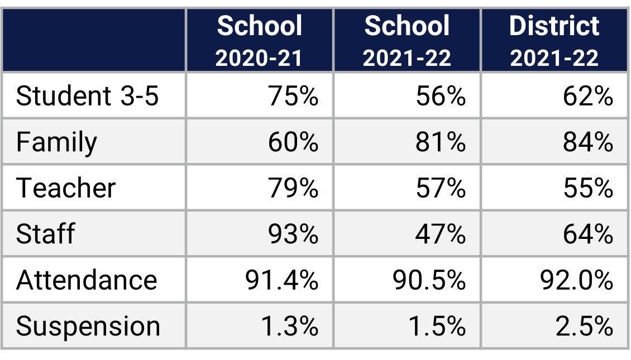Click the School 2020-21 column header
point(259,41)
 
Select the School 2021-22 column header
point(407,41)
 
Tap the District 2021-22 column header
point(554,41)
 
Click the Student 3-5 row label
point(88,96)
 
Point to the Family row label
point(56,142)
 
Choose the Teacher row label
point(66,188)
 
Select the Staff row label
point(45,233)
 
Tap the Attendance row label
point(87,280)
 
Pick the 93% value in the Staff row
point(293,233)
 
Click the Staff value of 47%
point(441,233)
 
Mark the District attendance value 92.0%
point(576,280)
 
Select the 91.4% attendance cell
point(281,280)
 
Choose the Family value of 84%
point(588,142)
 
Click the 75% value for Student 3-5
point(293,96)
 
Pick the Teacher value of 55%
point(588,188)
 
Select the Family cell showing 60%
point(293,142)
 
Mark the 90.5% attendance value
point(429,280)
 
